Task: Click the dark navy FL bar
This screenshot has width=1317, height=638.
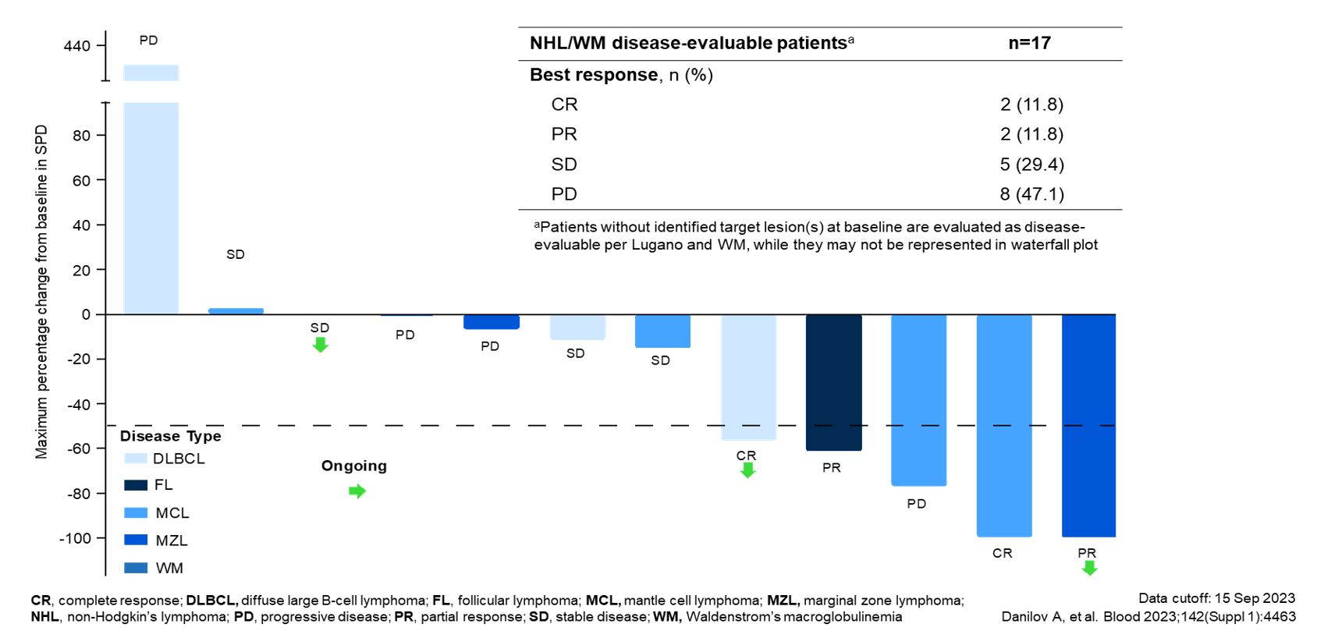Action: [x=833, y=382]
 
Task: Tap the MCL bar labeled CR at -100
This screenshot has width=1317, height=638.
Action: [x=1003, y=425]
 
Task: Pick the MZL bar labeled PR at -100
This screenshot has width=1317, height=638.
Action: [x=1088, y=425]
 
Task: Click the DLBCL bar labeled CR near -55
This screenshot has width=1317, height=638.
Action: [x=748, y=377]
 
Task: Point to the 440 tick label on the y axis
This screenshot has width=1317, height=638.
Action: [x=77, y=46]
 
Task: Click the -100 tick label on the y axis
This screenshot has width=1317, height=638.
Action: [x=76, y=538]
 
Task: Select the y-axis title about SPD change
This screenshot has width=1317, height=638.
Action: [x=41, y=292]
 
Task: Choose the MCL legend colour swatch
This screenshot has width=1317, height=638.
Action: [x=136, y=513]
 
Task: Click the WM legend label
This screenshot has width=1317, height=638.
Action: [x=169, y=568]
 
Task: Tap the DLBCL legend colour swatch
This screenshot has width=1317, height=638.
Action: [x=136, y=459]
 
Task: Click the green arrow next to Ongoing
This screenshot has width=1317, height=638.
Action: [x=357, y=491]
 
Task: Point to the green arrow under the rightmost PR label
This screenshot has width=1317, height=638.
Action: [x=1089, y=568]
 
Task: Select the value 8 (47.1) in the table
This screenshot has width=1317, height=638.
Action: [x=1031, y=194]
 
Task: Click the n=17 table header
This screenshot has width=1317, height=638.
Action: [x=1029, y=43]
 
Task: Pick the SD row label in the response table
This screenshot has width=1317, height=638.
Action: [x=564, y=165]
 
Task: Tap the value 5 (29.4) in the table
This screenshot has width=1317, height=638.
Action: [x=1031, y=165]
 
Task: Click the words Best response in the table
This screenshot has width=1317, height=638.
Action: [x=594, y=75]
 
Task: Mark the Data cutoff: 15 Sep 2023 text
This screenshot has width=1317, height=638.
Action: [x=1216, y=598]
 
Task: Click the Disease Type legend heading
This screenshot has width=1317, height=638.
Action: [x=170, y=436]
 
